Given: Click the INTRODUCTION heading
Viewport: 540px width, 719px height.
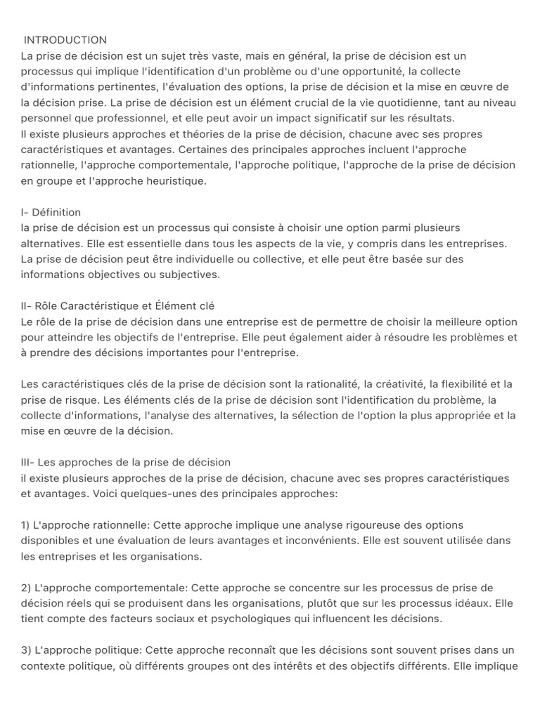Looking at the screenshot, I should (x=65, y=40).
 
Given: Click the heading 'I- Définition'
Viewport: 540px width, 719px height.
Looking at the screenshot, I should (x=51, y=212).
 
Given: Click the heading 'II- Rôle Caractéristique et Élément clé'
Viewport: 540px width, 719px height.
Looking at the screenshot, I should (x=117, y=306).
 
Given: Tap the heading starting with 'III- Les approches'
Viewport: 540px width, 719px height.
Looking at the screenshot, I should (x=126, y=462).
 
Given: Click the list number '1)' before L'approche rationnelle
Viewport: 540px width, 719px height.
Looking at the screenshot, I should (x=25, y=525).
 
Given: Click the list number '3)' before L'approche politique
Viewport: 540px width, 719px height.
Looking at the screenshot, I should (x=25, y=650).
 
